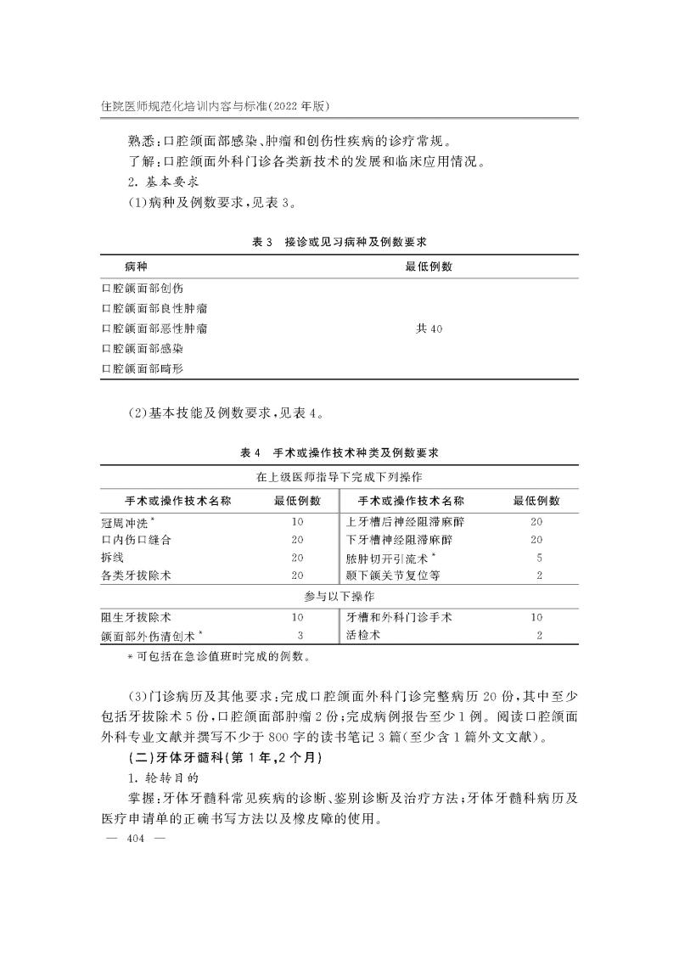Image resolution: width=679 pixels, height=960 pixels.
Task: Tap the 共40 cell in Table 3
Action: tap(429, 328)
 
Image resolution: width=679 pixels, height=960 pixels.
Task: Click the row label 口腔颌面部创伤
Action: tap(142, 288)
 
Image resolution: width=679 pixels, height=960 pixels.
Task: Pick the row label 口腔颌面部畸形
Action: tap(142, 368)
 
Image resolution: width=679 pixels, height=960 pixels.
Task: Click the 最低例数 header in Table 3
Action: tap(429, 267)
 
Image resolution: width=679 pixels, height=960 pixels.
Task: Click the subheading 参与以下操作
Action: tap(339, 597)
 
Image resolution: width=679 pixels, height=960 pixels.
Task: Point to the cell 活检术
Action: tap(364, 635)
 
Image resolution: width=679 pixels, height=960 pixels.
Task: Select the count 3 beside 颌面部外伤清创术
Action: tap(300, 635)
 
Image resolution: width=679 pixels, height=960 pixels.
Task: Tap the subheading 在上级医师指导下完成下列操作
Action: tap(339, 478)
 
